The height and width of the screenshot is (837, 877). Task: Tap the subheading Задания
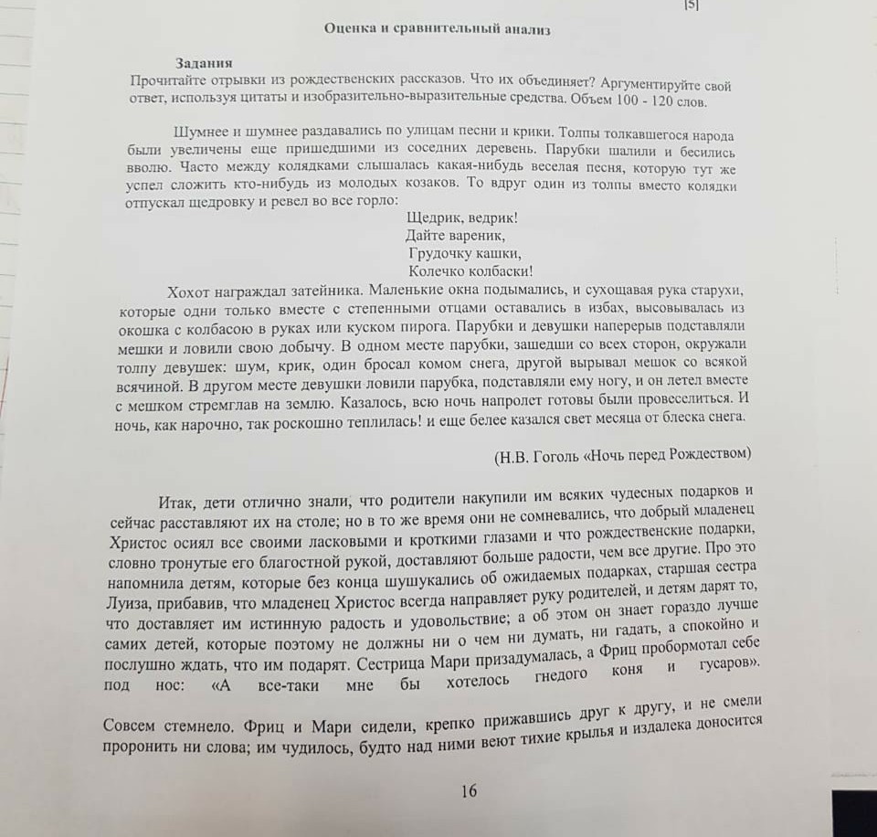pos(204,63)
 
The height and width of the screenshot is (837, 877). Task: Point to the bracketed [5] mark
pos(691,5)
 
